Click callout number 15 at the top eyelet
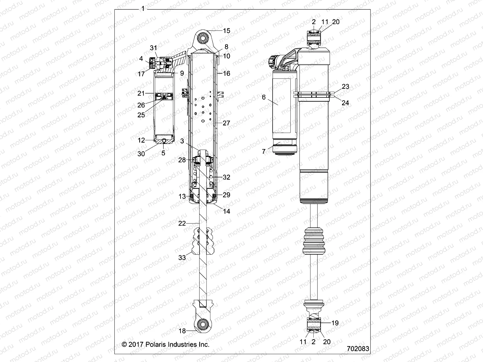(226, 30)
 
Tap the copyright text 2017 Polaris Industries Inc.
(165, 344)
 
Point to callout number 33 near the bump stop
(182, 258)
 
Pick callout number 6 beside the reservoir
(264, 97)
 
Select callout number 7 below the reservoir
(264, 151)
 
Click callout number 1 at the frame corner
(143, 9)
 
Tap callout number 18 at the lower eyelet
(182, 331)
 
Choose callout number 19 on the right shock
(335, 323)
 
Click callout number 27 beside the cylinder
(226, 123)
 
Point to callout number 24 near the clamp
(345, 103)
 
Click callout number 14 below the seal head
(226, 211)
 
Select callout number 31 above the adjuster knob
(154, 48)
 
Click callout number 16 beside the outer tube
(226, 73)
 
